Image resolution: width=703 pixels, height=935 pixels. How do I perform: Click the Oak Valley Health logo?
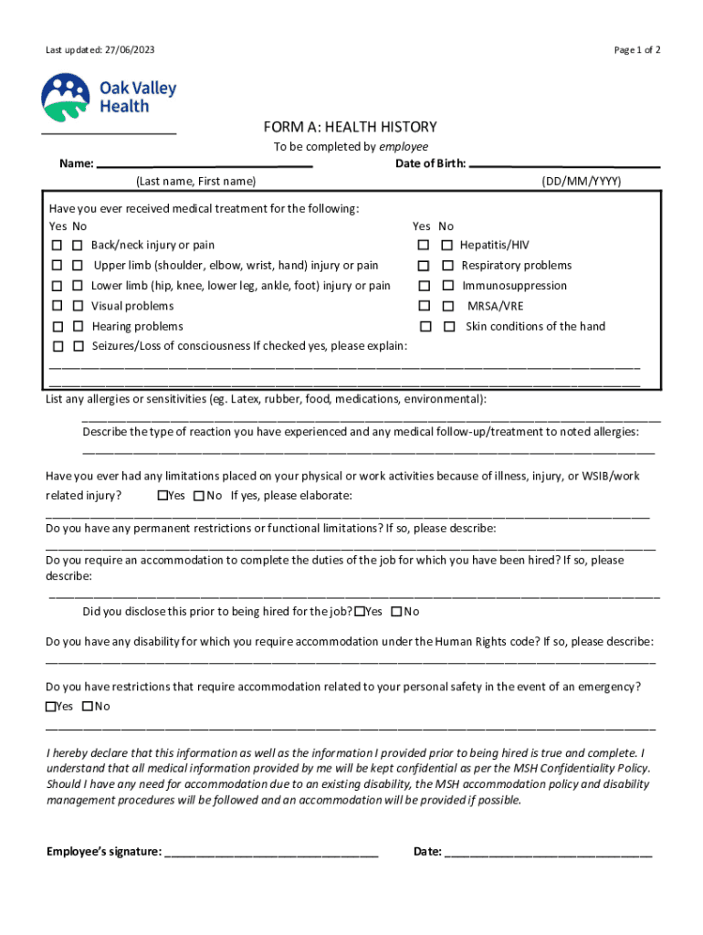point(108,98)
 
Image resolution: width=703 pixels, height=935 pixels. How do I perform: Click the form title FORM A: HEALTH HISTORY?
point(351,127)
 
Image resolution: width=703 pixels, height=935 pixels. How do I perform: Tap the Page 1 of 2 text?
point(637,50)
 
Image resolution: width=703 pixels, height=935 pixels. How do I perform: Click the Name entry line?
point(205,165)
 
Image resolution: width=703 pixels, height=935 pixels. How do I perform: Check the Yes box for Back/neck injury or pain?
point(57,246)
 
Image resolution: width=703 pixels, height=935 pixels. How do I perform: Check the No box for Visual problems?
point(78,307)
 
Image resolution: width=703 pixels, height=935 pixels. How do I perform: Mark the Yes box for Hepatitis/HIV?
point(424,246)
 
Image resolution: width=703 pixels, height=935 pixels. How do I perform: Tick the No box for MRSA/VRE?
point(447,307)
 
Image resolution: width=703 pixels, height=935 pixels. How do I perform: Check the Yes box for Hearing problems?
point(57,327)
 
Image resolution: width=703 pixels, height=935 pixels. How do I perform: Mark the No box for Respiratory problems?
point(447,266)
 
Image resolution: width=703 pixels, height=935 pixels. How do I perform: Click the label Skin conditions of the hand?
point(535,327)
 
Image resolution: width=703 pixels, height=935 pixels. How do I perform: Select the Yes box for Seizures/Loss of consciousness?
point(57,347)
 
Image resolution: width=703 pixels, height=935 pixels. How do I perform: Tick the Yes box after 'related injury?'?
point(163,496)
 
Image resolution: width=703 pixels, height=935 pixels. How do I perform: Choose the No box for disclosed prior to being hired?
point(397,612)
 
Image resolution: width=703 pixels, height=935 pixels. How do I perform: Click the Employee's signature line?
point(271,854)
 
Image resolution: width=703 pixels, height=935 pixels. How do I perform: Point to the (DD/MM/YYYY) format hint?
point(581,182)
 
